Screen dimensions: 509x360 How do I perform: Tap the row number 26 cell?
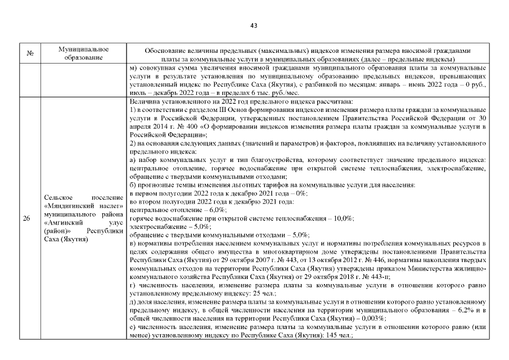[26, 219]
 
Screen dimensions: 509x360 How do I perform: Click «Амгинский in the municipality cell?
[61, 222]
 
